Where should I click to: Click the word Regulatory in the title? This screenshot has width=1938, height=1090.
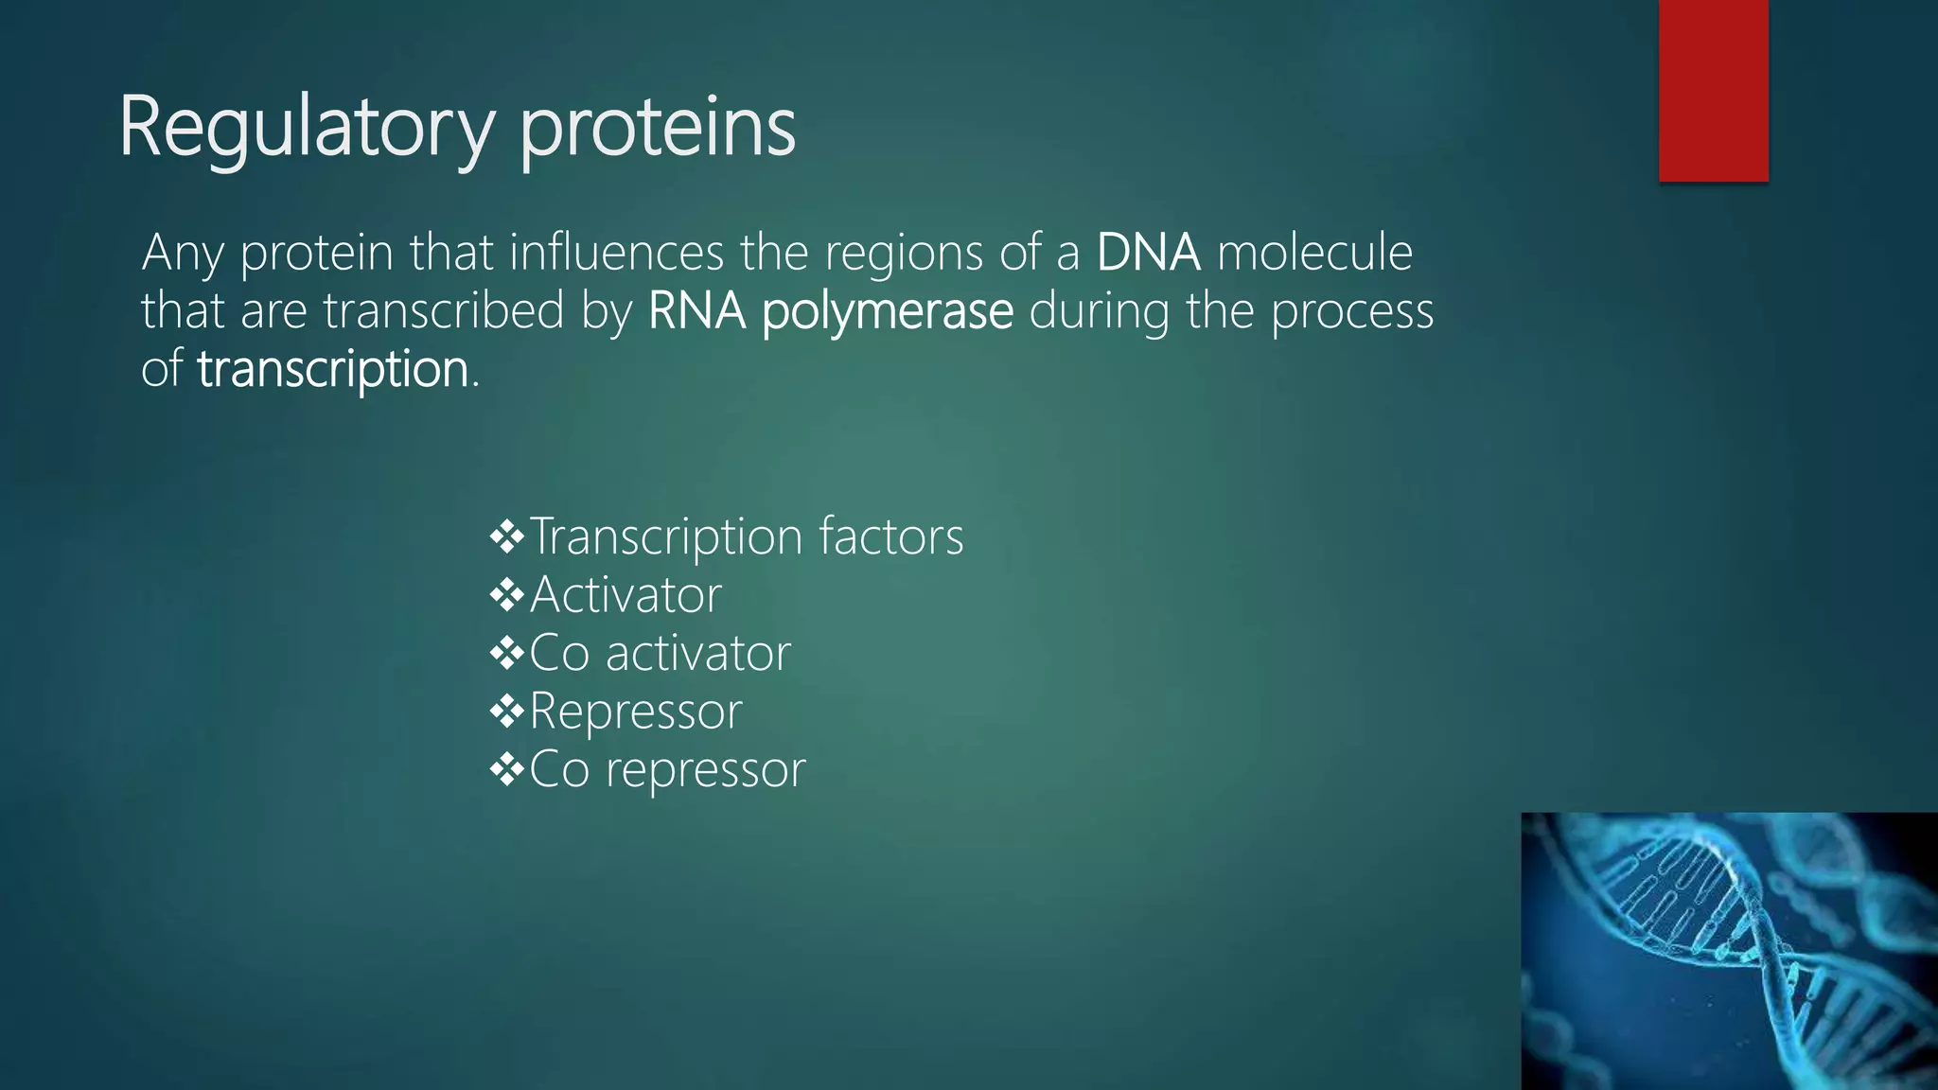click(x=306, y=128)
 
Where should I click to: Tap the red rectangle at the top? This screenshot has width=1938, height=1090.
click(x=1713, y=90)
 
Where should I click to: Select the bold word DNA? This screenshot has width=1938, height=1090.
click(x=1148, y=253)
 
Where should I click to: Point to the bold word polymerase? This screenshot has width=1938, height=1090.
click(x=887, y=311)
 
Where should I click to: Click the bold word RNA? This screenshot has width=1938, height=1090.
click(x=696, y=311)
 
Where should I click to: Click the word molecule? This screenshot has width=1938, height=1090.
click(x=1314, y=253)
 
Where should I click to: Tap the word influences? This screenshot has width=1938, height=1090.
click(x=617, y=253)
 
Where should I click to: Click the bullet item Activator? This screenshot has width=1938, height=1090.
click(x=625, y=595)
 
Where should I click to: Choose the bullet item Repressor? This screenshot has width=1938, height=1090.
click(x=635, y=712)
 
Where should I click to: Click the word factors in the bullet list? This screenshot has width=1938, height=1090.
click(x=890, y=536)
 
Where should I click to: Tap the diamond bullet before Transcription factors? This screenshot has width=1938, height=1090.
click(x=507, y=537)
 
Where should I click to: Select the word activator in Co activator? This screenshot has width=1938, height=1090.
click(x=697, y=654)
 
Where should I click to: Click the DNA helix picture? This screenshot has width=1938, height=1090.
click(x=1729, y=951)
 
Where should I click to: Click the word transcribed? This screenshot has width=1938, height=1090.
click(x=444, y=311)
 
